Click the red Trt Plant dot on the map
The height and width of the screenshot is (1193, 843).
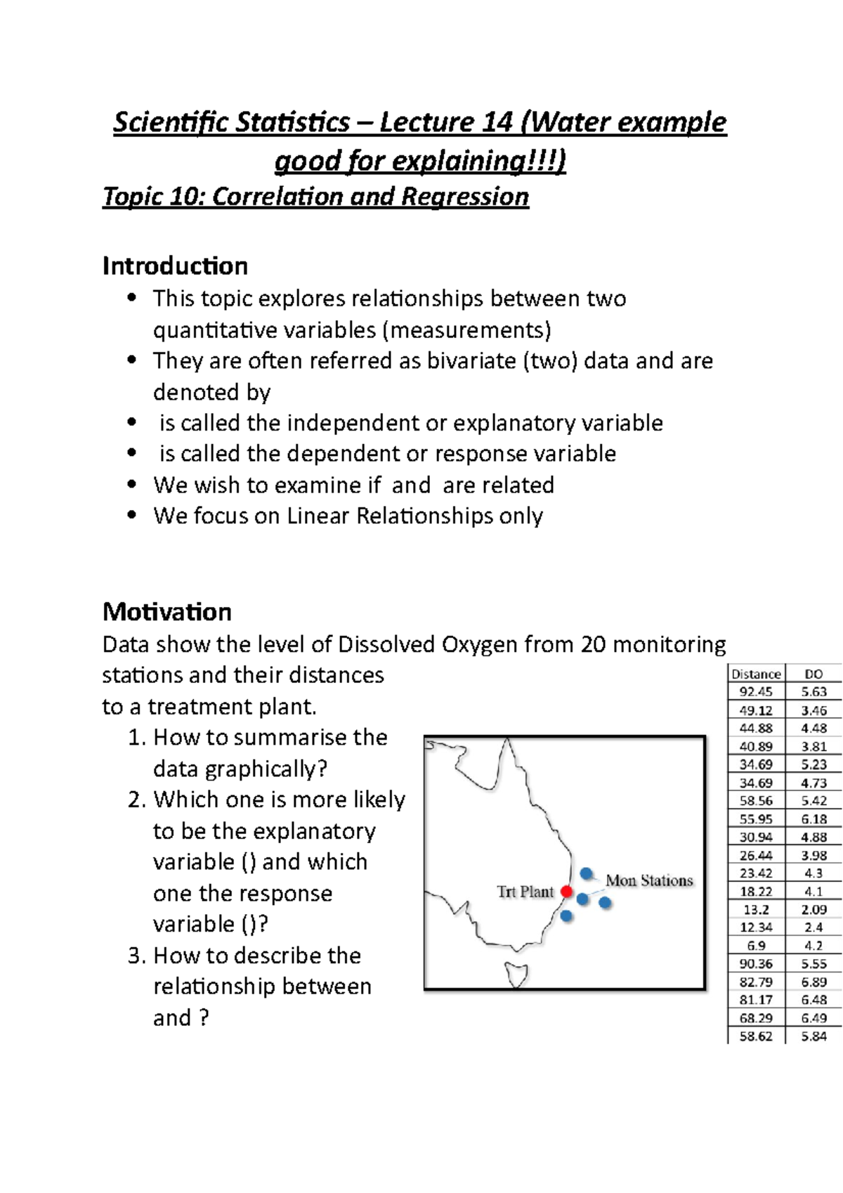point(567,892)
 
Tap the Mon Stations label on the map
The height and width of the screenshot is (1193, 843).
point(649,880)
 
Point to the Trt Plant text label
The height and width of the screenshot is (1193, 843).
point(525,892)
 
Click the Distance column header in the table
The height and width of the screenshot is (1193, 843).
point(756,674)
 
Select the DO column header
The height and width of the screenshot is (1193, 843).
point(813,674)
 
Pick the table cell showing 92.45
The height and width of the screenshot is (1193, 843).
point(756,692)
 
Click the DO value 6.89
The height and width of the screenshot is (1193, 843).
point(813,982)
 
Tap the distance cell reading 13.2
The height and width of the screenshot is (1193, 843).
point(756,909)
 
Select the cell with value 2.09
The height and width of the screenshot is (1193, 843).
point(813,909)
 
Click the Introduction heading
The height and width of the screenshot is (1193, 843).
point(175,266)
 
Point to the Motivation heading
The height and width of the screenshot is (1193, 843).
point(166,611)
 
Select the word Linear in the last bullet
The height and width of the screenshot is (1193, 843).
point(318,516)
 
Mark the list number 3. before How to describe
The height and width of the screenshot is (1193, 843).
point(136,956)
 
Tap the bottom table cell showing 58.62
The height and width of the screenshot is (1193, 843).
point(756,1036)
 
